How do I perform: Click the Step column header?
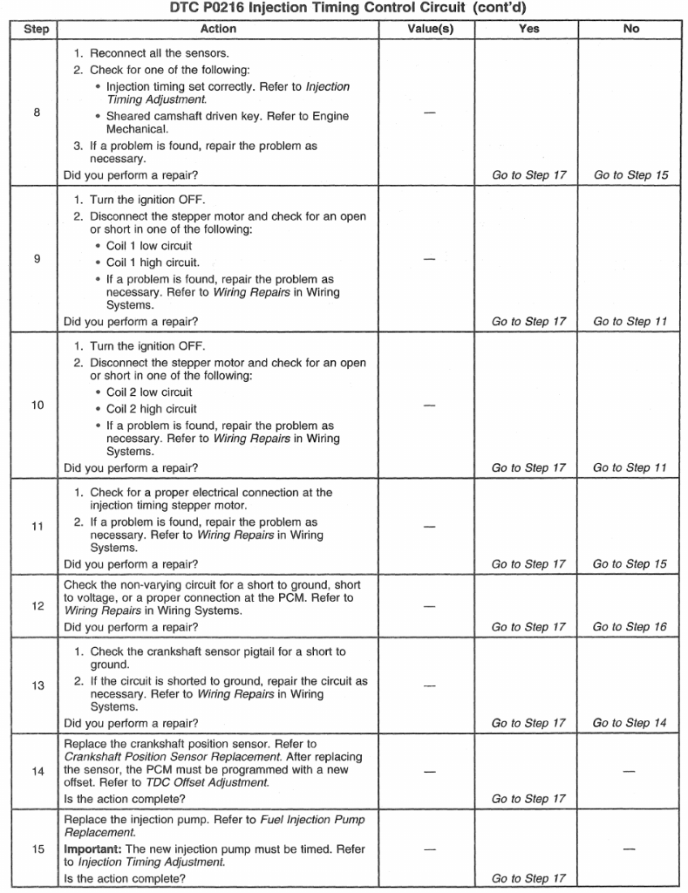point(36,29)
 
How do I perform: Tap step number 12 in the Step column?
point(36,606)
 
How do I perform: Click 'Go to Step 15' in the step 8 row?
point(630,175)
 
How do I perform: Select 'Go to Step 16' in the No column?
point(630,627)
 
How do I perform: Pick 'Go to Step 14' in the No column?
point(630,723)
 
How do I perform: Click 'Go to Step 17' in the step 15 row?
point(528,878)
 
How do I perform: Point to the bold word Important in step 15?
point(94,849)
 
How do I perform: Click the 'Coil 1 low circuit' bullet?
point(149,246)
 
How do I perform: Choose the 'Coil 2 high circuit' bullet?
point(151,408)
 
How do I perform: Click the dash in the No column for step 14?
point(630,771)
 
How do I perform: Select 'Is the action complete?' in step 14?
point(125,799)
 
